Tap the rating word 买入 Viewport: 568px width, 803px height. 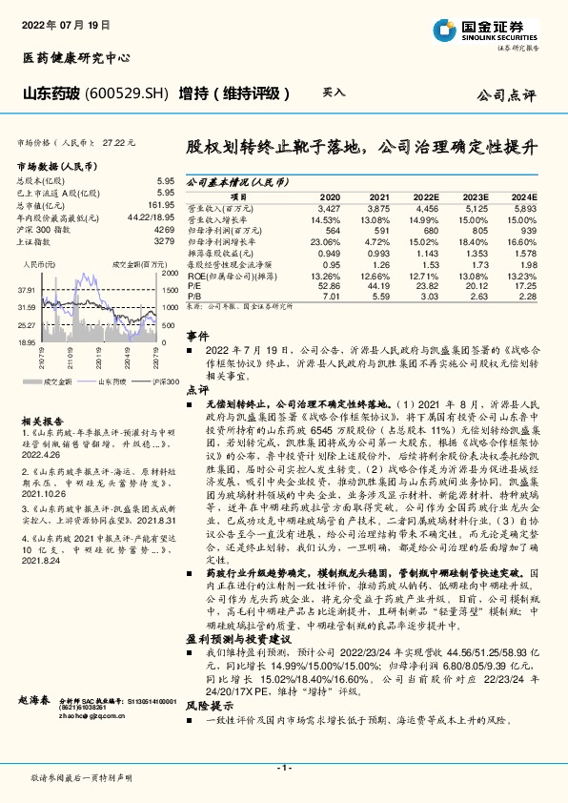tap(334, 93)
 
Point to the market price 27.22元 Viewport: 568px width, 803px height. tap(121, 142)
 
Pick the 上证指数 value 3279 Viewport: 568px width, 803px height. tap(164, 242)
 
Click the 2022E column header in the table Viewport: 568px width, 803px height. tap(426, 196)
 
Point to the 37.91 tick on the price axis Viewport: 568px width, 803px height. tap(26, 289)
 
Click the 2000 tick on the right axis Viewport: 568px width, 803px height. tap(171, 273)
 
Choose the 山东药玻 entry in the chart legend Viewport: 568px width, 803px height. tap(112, 380)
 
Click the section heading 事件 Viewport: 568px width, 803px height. tap(196, 338)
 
